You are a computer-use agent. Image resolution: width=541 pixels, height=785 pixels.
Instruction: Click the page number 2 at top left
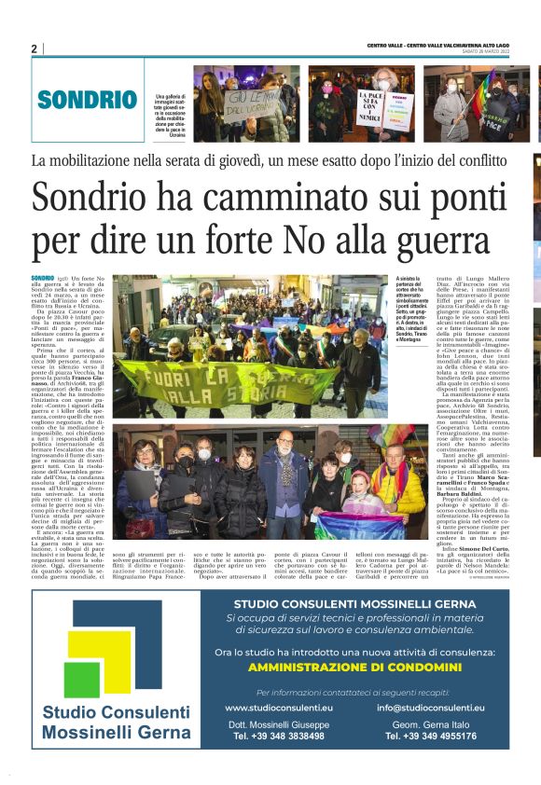tap(34, 48)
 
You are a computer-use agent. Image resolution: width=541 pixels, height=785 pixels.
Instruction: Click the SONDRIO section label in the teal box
tap(88, 100)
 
